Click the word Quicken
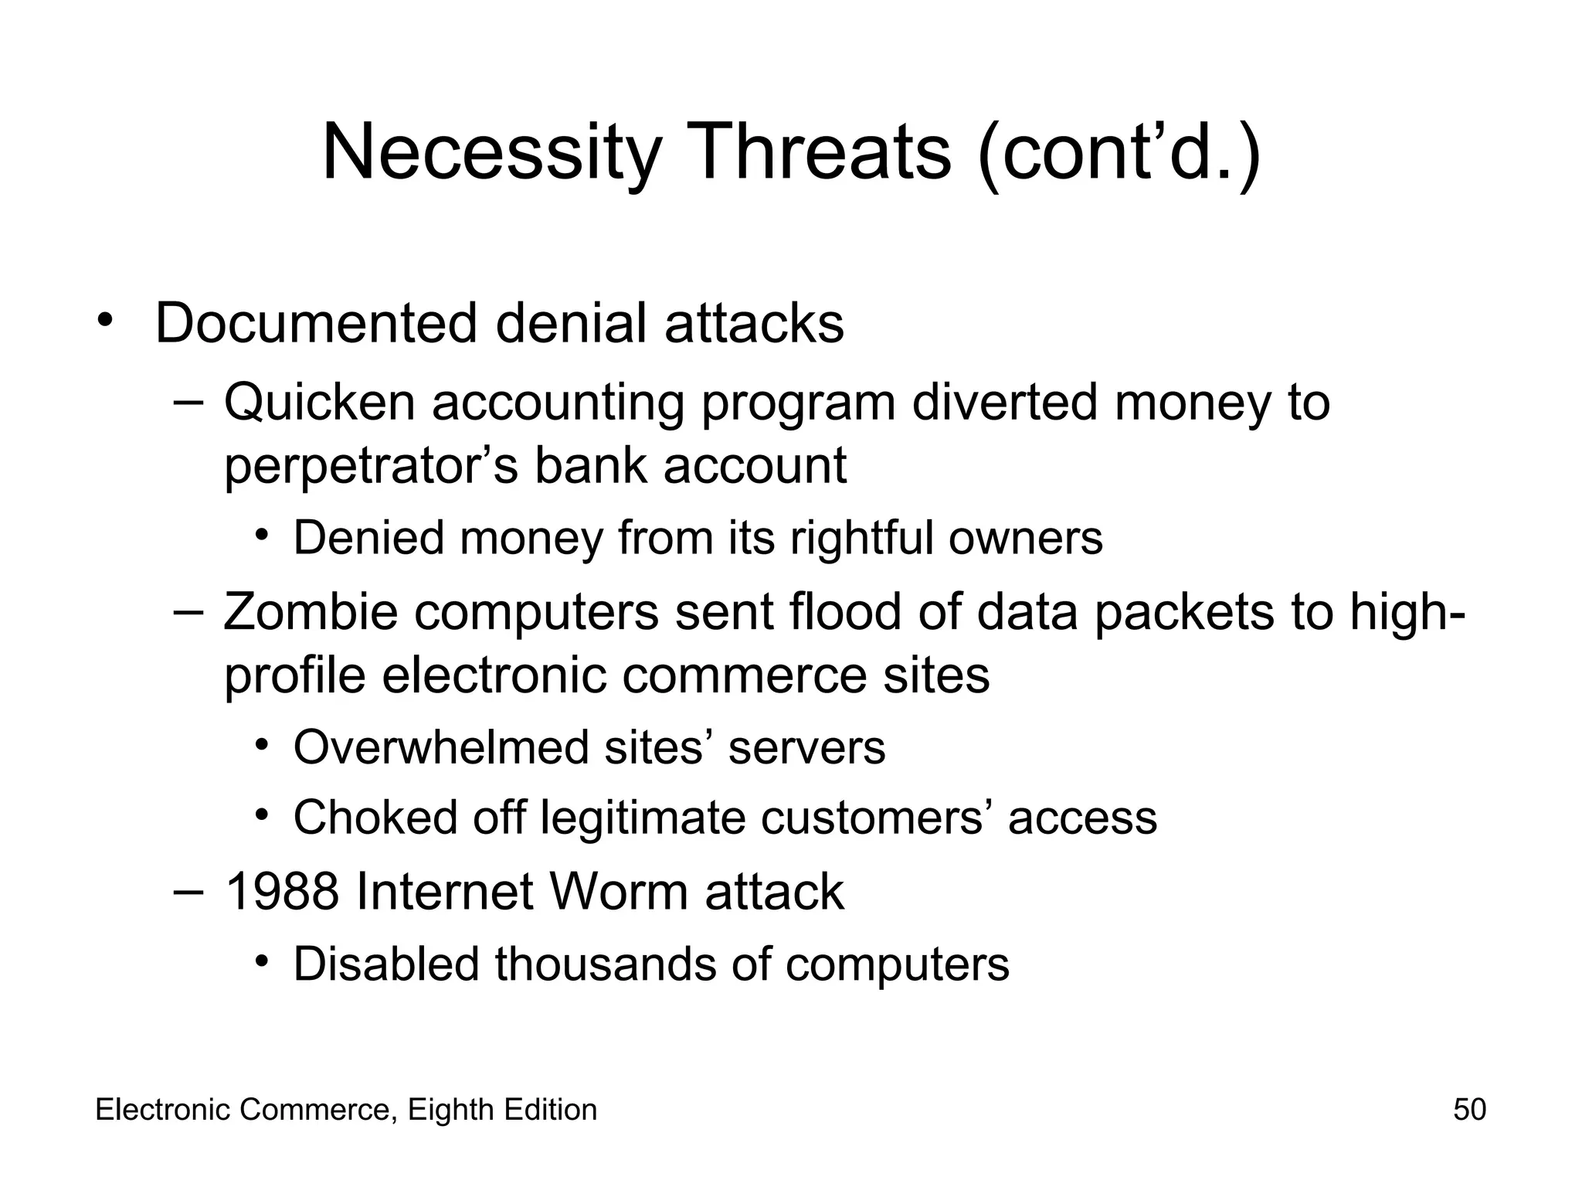click(x=320, y=403)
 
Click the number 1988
click(x=282, y=891)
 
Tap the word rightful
click(x=861, y=538)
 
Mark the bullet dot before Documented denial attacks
click(x=105, y=320)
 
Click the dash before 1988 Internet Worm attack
click(x=188, y=891)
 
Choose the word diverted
click(x=1005, y=403)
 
